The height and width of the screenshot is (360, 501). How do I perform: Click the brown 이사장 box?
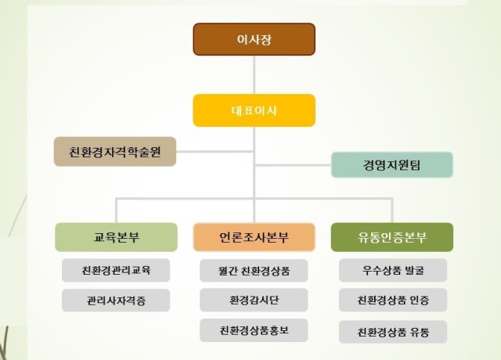point(254,39)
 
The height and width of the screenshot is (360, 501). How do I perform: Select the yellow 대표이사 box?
point(254,110)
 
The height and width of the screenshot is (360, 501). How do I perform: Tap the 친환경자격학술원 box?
point(115,151)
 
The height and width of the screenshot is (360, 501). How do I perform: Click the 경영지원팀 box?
point(392,165)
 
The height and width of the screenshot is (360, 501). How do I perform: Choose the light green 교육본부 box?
point(116,237)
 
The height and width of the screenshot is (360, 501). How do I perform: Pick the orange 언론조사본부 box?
point(254,237)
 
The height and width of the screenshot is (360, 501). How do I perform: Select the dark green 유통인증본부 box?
point(392,237)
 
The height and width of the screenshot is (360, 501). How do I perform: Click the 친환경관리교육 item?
point(116,271)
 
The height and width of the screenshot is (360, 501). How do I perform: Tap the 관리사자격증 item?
point(116,301)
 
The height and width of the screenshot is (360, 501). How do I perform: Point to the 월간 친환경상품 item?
point(254,271)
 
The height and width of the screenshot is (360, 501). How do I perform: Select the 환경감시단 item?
point(254,300)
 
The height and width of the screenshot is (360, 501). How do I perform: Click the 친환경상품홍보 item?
point(254,330)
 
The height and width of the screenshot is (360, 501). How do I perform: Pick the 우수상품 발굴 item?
point(393,271)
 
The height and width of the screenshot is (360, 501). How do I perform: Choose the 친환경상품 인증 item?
point(393,300)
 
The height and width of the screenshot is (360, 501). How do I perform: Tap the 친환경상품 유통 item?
point(393,332)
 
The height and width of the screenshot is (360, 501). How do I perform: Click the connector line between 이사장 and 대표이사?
point(254,75)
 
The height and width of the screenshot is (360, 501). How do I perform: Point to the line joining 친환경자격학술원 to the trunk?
point(214,151)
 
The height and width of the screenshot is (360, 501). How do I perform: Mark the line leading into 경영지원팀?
point(293,165)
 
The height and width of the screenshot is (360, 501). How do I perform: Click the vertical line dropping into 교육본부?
point(117,211)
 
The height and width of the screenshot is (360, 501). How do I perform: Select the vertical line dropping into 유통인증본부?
point(392,211)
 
